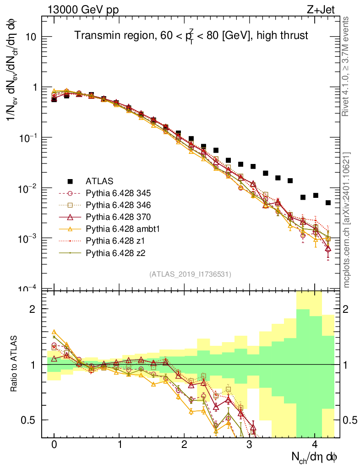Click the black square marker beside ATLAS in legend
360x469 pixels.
(x=70, y=181)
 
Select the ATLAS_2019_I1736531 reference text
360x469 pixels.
(x=190, y=274)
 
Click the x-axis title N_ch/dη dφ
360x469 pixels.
(x=315, y=457)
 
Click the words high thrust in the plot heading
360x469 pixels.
(x=284, y=36)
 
